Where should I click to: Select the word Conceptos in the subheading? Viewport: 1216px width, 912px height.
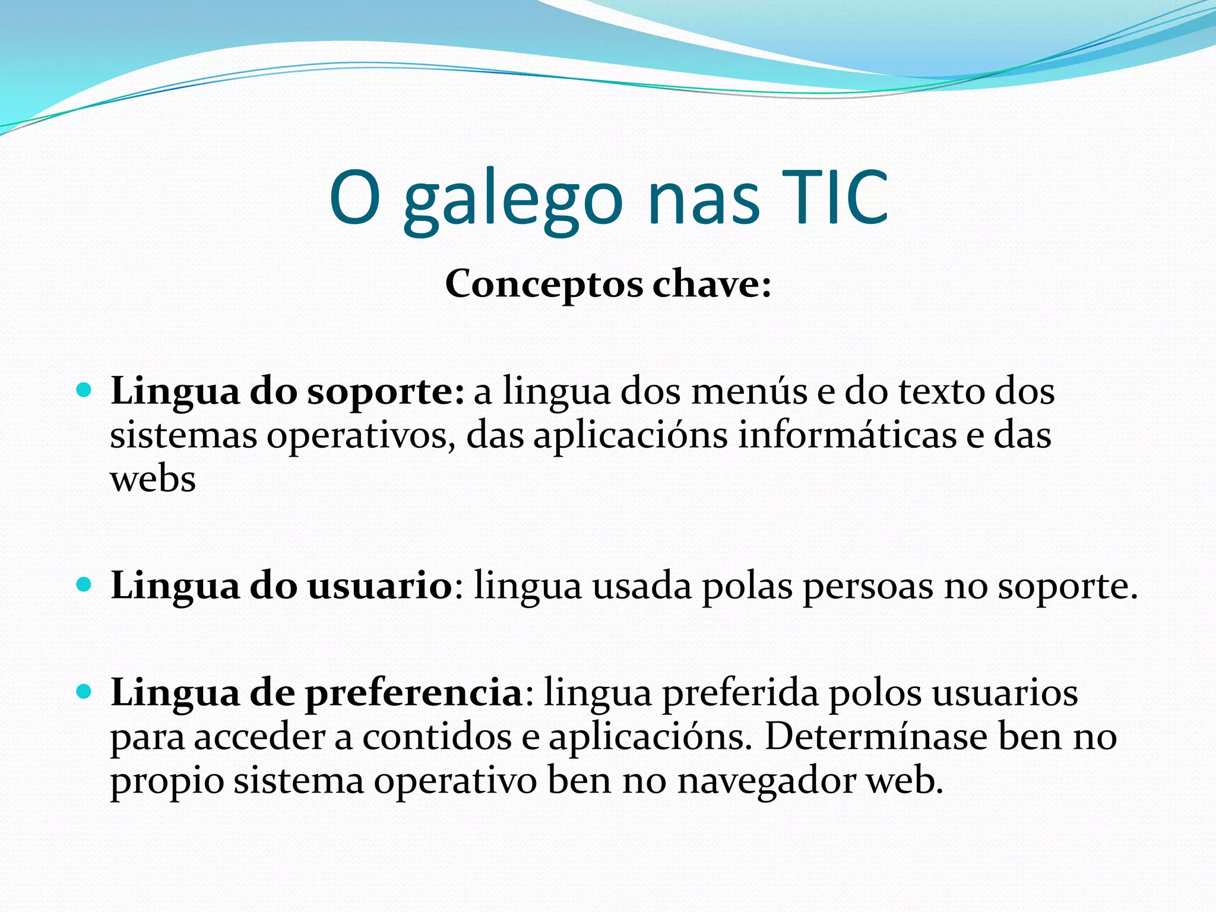point(544,284)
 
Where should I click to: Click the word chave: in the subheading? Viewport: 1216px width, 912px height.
point(712,284)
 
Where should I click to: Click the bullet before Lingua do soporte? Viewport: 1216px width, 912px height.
point(84,391)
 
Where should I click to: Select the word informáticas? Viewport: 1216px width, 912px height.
point(847,435)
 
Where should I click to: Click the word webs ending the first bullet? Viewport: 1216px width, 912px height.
point(153,479)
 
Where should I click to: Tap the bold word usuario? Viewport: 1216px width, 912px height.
point(380,586)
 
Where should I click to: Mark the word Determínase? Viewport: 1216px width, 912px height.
point(876,736)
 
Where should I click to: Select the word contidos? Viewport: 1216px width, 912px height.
point(437,736)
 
